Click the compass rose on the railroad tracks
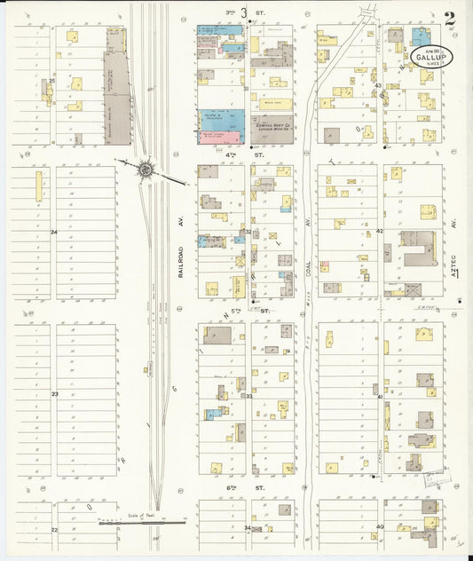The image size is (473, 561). click(145, 169)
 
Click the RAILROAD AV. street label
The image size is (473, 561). click(178, 263)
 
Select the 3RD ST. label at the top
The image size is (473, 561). click(236, 12)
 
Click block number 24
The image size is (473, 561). click(54, 232)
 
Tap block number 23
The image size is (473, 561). click(54, 393)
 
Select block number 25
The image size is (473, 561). click(52, 81)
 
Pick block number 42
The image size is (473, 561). click(379, 230)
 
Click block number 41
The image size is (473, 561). click(379, 397)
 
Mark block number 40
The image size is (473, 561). click(379, 526)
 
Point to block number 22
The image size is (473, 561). click(54, 529)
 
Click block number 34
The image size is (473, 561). click(248, 527)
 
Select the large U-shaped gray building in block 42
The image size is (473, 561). click(417, 249)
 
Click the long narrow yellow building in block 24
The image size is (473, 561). click(39, 186)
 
